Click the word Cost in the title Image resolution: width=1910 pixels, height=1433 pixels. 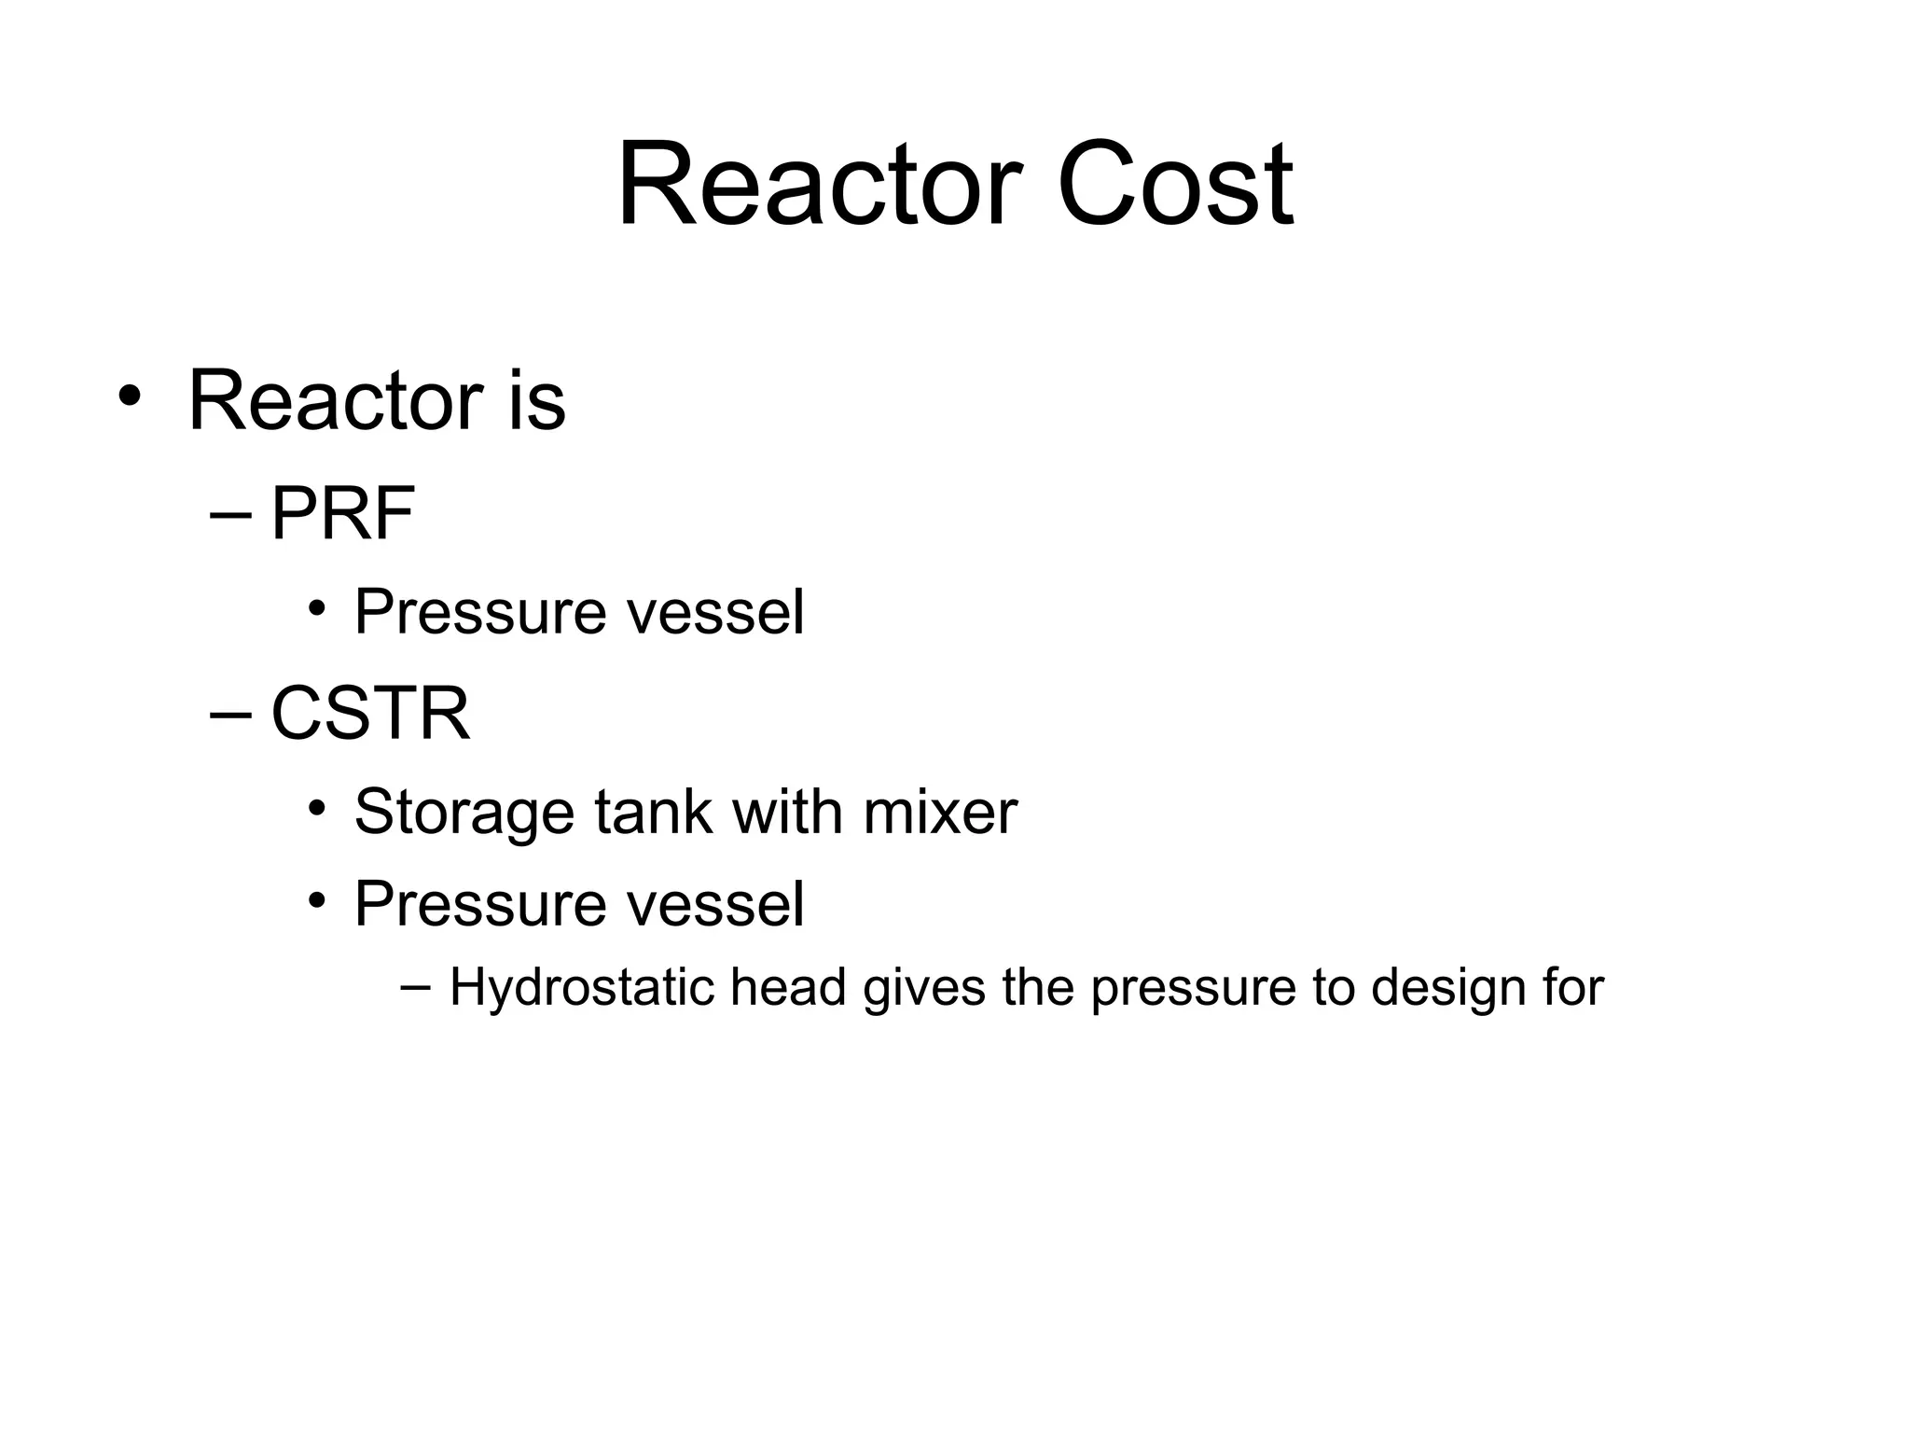[x=1174, y=184]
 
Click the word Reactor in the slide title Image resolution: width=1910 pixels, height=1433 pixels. [x=820, y=184]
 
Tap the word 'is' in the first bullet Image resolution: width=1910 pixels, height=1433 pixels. [x=536, y=401]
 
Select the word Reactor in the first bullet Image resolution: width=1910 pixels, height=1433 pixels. [x=336, y=401]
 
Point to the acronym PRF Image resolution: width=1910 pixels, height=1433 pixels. [x=342, y=514]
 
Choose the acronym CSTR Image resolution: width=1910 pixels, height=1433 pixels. [x=370, y=714]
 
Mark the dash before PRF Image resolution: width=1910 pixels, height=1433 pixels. [x=231, y=516]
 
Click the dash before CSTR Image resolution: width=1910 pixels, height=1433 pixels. [x=231, y=715]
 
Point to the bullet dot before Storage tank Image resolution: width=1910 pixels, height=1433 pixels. [x=317, y=808]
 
